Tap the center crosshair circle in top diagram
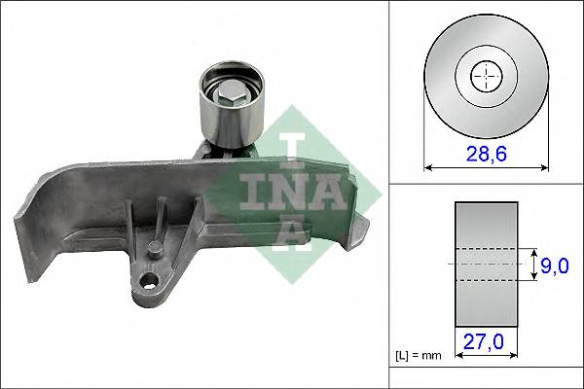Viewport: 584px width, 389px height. (x=484, y=75)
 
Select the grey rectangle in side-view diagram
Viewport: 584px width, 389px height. (x=486, y=265)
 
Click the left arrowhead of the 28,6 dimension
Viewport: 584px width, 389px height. (x=429, y=166)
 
